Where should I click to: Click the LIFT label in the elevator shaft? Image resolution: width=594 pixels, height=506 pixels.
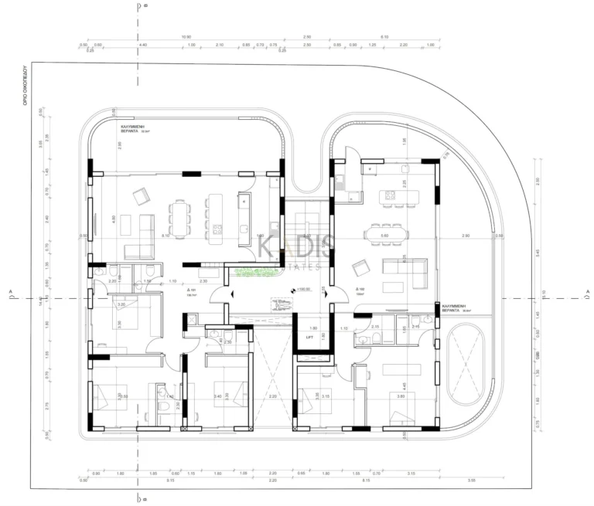click(x=309, y=338)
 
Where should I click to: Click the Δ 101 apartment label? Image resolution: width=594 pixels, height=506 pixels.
click(x=192, y=291)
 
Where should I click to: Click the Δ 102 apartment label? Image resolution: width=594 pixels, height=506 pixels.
click(x=360, y=290)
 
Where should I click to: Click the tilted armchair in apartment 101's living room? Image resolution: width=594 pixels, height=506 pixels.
click(x=142, y=196)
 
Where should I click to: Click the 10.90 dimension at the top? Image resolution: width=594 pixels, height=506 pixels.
click(x=186, y=36)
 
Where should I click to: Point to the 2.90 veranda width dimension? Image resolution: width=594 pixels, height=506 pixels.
click(x=465, y=235)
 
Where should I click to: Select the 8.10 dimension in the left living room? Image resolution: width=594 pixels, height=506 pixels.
click(x=166, y=235)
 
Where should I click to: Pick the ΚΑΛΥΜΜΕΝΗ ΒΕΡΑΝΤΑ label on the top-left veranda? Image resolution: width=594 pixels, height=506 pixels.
click(x=135, y=128)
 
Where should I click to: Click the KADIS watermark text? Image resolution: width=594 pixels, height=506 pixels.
click(x=297, y=247)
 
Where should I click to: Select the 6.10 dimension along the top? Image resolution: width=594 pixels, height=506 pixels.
click(x=384, y=36)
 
